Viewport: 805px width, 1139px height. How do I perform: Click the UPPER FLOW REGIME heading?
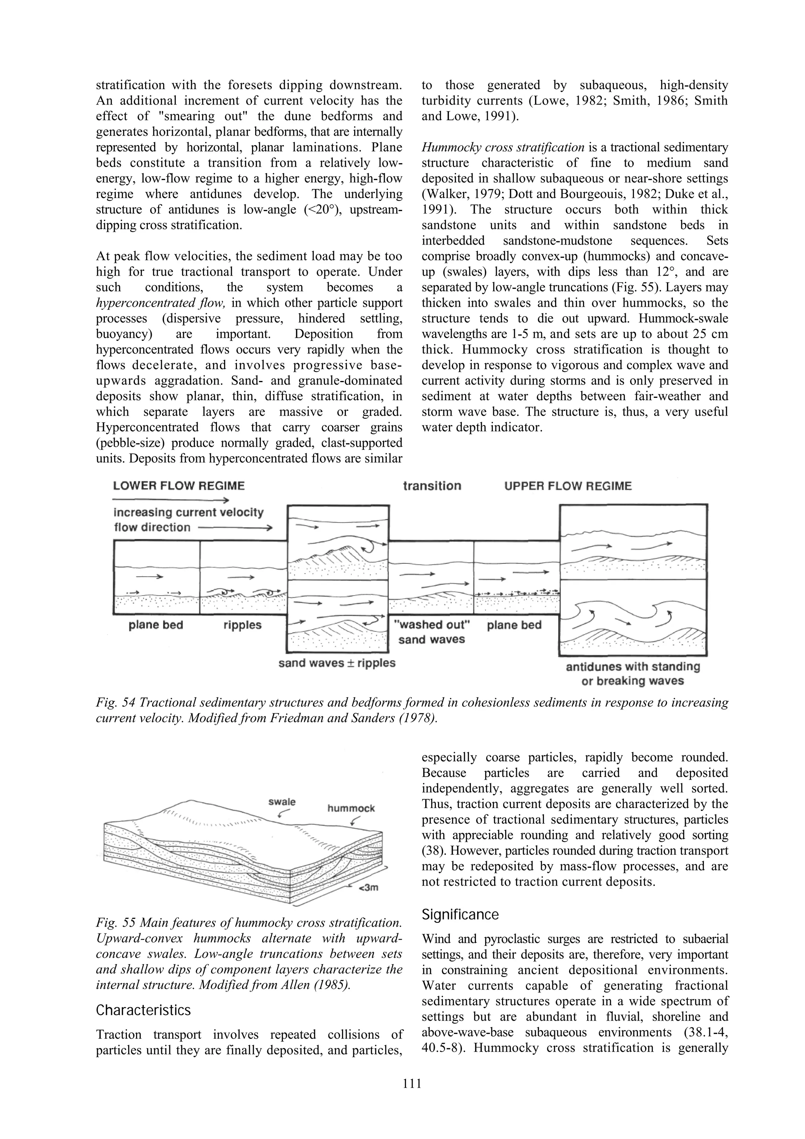click(x=568, y=486)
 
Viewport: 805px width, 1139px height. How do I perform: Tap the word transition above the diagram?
click(x=432, y=486)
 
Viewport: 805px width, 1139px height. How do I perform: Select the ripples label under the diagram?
click(x=242, y=625)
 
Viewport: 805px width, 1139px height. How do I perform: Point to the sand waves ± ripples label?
click(x=337, y=663)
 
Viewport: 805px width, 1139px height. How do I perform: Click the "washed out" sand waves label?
click(x=432, y=631)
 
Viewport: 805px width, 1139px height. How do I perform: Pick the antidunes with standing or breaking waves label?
click(x=633, y=673)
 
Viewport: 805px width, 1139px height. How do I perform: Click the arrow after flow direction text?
click(x=235, y=528)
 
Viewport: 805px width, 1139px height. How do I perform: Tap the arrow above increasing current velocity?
click(x=171, y=500)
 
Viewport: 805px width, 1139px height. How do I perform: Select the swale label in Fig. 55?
click(x=282, y=802)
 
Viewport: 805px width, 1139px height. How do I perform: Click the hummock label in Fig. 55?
click(x=351, y=808)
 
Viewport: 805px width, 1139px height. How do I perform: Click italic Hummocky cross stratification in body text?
click(x=503, y=148)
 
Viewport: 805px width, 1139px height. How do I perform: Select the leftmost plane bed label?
click(x=156, y=625)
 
